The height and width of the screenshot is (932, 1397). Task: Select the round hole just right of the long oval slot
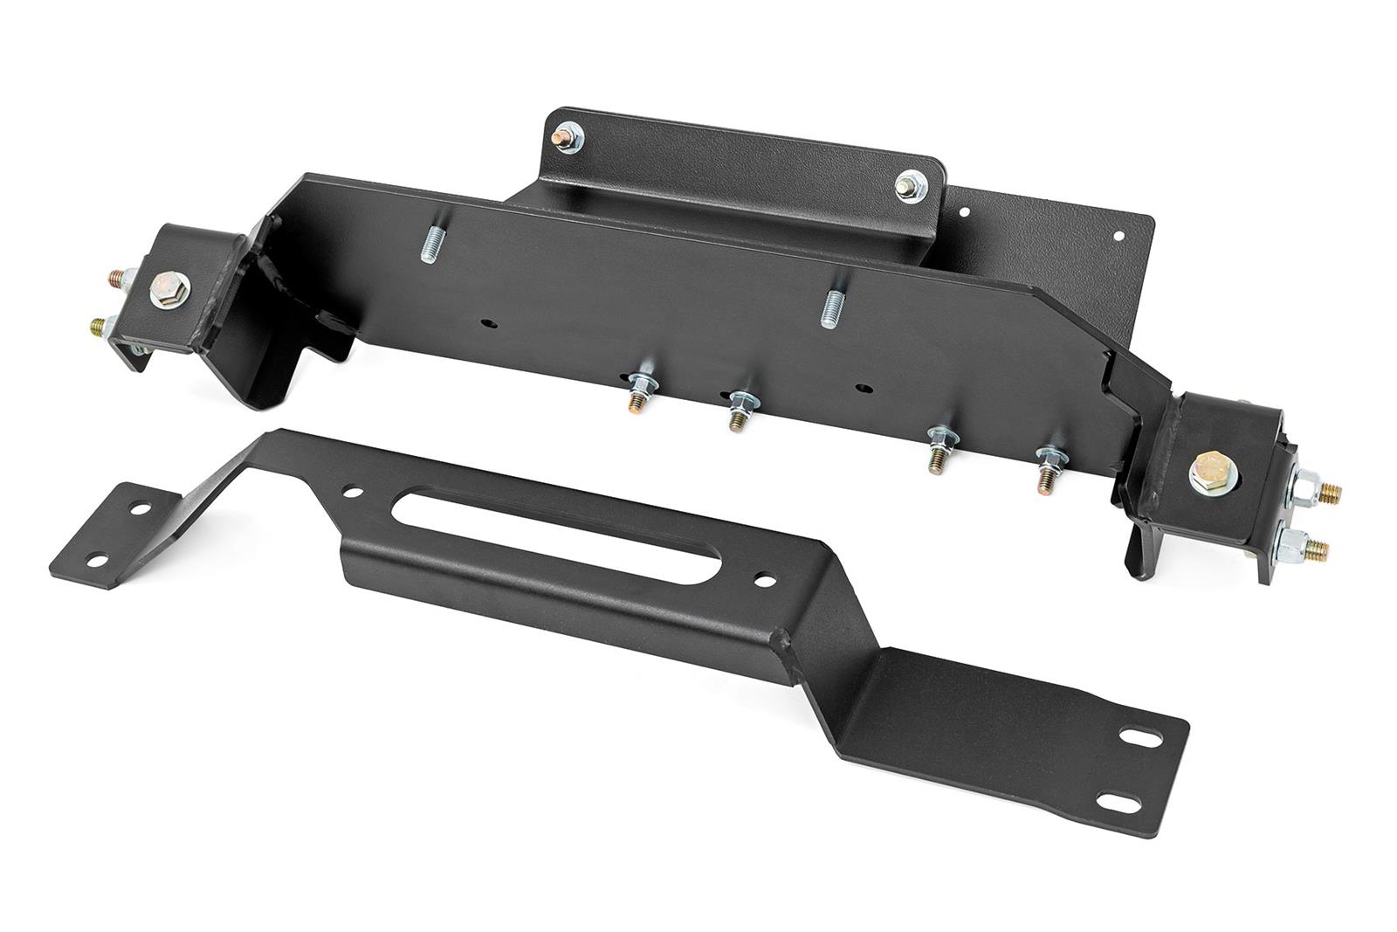point(766,579)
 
